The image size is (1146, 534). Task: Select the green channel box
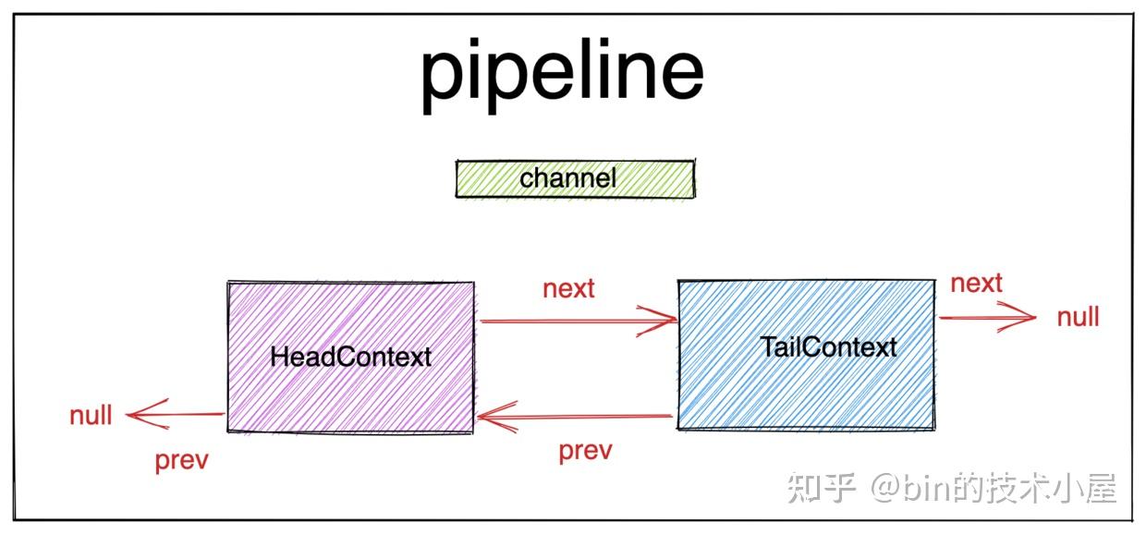(574, 179)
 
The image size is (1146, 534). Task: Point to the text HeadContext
(350, 357)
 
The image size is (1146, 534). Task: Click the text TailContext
(828, 347)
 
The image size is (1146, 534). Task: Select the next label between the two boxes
(568, 288)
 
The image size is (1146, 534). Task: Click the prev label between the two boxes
(585, 451)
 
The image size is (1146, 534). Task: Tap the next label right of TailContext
(976, 283)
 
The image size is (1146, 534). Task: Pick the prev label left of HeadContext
(181, 459)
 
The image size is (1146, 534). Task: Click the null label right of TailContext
(1078, 318)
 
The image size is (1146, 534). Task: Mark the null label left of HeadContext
(91, 416)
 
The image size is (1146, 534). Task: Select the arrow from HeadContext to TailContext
(578, 322)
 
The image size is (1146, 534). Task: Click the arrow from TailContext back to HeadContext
(573, 419)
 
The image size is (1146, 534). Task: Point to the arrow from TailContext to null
(987, 318)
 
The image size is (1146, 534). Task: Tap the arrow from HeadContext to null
(176, 415)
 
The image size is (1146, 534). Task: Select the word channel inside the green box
(567, 177)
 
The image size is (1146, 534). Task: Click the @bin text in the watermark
(915, 488)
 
